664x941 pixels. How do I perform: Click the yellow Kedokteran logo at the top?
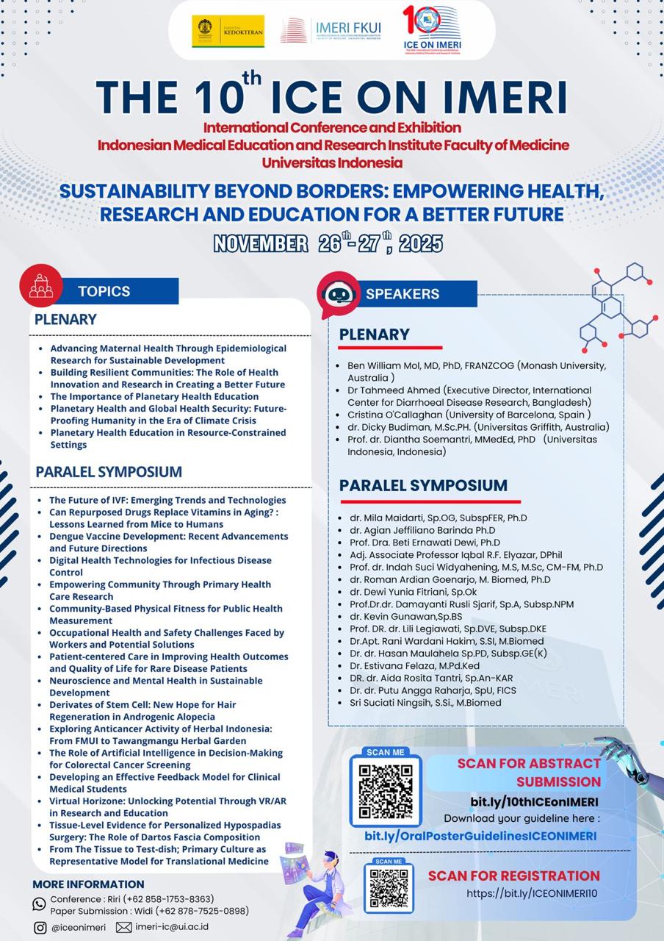[228, 31]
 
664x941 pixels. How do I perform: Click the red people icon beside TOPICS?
[41, 285]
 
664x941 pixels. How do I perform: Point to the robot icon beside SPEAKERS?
[339, 294]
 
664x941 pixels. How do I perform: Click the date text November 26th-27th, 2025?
[328, 243]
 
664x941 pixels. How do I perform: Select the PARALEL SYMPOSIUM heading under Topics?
[108, 471]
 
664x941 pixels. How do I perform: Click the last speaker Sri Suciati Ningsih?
[414, 702]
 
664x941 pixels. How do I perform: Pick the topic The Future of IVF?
[167, 500]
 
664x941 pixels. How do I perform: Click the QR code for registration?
[389, 887]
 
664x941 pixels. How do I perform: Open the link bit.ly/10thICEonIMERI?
[534, 801]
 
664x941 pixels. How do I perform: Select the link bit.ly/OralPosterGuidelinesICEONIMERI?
[480, 836]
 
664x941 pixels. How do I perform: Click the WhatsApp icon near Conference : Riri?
[39, 904]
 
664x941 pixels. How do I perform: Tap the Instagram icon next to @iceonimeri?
[40, 927]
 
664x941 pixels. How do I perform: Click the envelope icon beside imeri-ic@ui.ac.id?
[123, 927]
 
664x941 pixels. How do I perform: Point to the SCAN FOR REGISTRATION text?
[513, 876]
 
